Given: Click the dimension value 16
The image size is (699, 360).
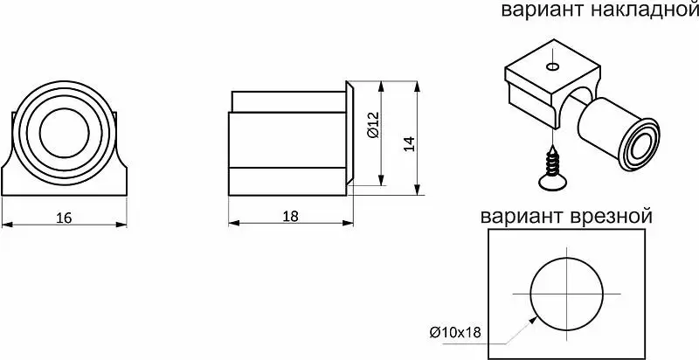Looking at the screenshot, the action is (x=64, y=218).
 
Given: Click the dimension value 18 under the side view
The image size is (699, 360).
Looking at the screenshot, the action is (x=291, y=216).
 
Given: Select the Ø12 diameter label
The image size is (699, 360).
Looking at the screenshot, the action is (x=374, y=125).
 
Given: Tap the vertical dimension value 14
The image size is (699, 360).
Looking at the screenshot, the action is (x=410, y=143).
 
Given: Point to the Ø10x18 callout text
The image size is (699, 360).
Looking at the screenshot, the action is (x=455, y=332).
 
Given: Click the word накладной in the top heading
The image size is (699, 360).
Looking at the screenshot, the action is (x=644, y=10).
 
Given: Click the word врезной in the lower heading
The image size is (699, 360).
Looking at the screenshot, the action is (x=611, y=217).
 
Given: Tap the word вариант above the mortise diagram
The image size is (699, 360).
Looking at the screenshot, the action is (x=523, y=217).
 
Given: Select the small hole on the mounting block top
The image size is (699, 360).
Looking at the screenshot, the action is (x=553, y=66).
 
